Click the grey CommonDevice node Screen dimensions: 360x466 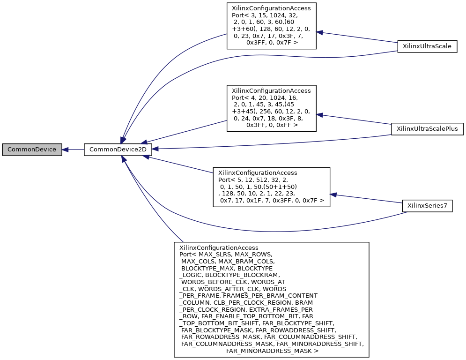point(32,150)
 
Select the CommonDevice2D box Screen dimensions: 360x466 point(118,150)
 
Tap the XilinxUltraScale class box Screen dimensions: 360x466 point(427,46)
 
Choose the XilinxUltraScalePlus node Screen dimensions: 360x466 point(427,128)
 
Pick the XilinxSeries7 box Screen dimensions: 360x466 point(427,206)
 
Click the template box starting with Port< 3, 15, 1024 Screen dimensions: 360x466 point(271,26)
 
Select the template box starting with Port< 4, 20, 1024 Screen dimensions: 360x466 point(271,108)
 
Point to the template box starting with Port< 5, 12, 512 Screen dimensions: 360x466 point(271,187)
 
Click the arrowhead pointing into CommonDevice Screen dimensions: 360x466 point(66,150)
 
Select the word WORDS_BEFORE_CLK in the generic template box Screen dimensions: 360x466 point(210,281)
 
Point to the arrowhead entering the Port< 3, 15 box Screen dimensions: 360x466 point(319,32)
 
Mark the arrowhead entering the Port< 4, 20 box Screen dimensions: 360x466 point(319,114)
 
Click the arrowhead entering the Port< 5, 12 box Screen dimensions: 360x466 point(333,194)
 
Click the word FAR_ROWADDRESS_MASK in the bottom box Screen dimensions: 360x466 point(221,337)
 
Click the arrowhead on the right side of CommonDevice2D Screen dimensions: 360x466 point(155,149)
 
